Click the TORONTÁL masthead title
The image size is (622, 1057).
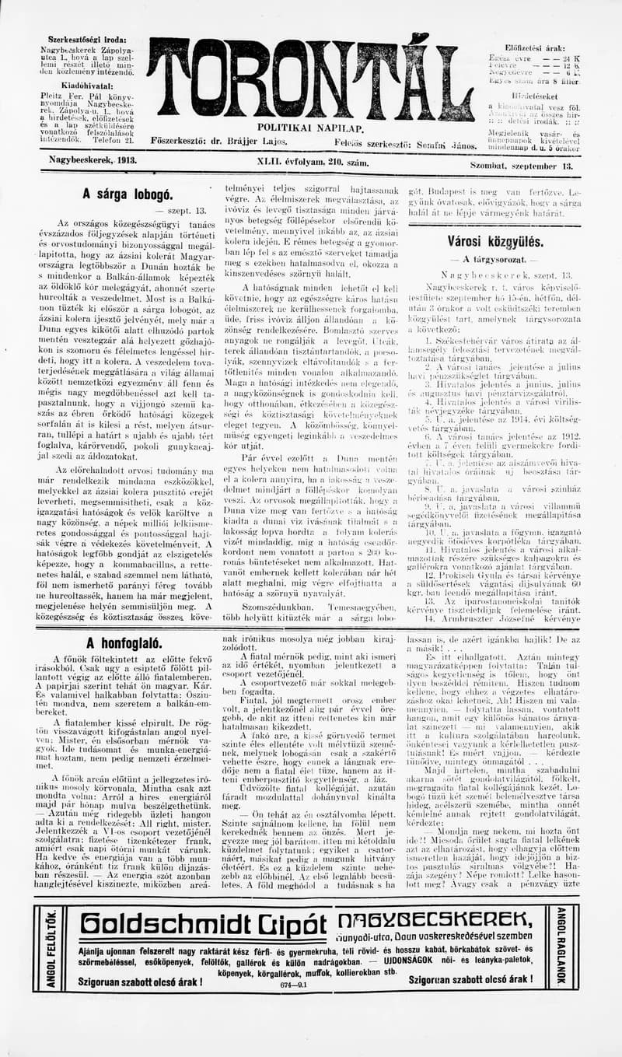311,78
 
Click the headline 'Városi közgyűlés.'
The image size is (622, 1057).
495,241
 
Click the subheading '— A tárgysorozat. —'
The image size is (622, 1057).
494,259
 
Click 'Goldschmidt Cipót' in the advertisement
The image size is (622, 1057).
204,924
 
